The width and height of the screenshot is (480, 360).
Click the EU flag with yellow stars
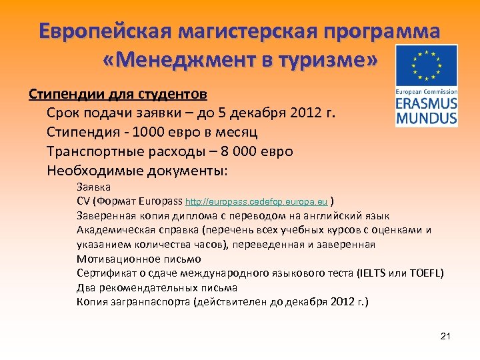pos(426,66)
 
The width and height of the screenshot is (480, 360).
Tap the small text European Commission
pos(426,91)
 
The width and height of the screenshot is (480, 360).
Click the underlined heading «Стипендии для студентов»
pos(117,93)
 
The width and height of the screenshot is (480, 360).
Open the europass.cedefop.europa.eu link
pos(256,201)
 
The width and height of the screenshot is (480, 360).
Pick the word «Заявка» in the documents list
pos(94,187)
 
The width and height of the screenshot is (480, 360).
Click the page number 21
pos(446,336)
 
